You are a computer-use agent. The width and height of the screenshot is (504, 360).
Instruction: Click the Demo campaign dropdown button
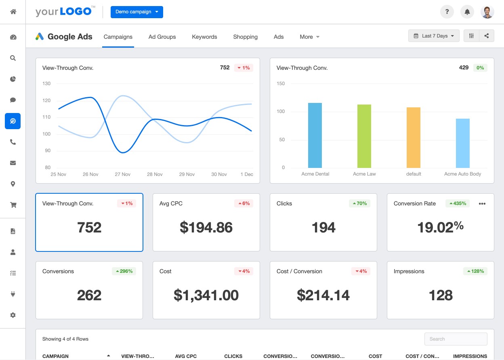(x=136, y=12)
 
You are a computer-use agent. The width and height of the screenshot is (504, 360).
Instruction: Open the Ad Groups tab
(x=162, y=37)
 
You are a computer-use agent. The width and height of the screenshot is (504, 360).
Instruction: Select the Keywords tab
(x=204, y=37)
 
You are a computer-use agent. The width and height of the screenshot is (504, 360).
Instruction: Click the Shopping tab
(x=245, y=37)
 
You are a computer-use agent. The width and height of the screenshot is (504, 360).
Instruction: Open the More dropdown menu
(x=309, y=37)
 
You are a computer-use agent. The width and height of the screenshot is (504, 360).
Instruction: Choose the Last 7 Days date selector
(x=434, y=36)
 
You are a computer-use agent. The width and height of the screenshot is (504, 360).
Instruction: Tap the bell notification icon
(x=467, y=12)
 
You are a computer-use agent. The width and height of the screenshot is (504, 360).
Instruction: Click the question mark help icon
(x=447, y=12)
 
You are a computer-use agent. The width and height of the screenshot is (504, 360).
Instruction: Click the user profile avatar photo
(x=487, y=12)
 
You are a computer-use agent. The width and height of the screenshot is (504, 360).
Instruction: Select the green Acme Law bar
(x=364, y=136)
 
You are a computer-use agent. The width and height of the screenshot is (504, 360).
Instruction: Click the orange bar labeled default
(x=413, y=137)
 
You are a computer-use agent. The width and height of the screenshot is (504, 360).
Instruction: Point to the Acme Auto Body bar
(x=462, y=143)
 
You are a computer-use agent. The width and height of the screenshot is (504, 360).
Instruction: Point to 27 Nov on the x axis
(x=122, y=174)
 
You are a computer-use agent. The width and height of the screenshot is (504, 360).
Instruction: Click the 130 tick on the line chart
(x=46, y=84)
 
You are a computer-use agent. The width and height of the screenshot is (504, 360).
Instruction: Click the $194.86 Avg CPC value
(x=206, y=228)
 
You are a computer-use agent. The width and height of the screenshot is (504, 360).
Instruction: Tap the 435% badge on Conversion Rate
(x=458, y=203)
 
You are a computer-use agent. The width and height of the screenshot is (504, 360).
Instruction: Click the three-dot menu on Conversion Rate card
(x=482, y=204)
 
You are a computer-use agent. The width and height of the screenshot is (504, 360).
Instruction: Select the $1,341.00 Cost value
(x=206, y=295)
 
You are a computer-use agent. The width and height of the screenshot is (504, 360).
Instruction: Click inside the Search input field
(x=456, y=339)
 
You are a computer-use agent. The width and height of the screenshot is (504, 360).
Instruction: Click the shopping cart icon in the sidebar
(x=13, y=205)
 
